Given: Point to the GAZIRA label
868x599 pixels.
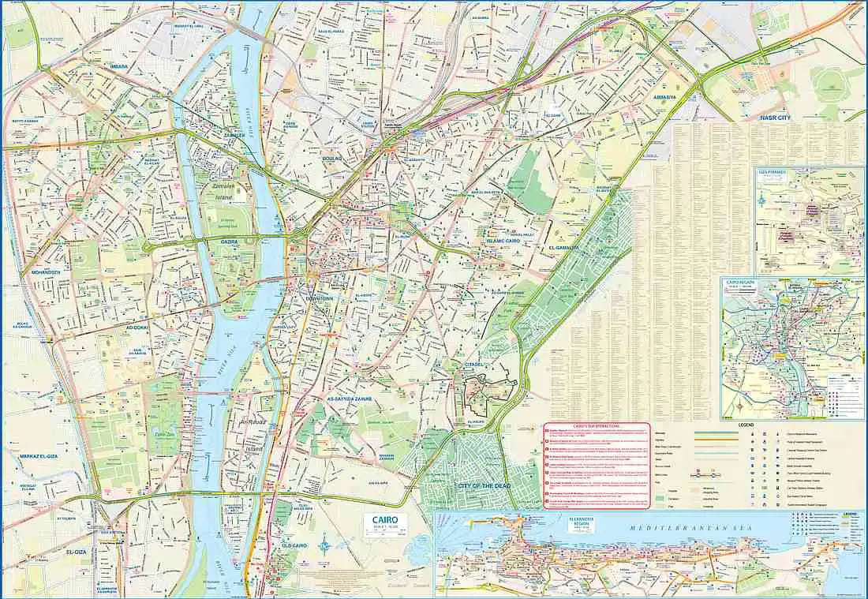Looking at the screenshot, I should click(230, 242).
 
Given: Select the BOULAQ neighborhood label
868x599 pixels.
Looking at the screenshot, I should click(332, 159).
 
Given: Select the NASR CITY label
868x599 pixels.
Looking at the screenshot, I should click(774, 118).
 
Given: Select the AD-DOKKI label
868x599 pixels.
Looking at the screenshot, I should click(138, 327).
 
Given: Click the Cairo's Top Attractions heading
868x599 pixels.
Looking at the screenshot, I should click(597, 426).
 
